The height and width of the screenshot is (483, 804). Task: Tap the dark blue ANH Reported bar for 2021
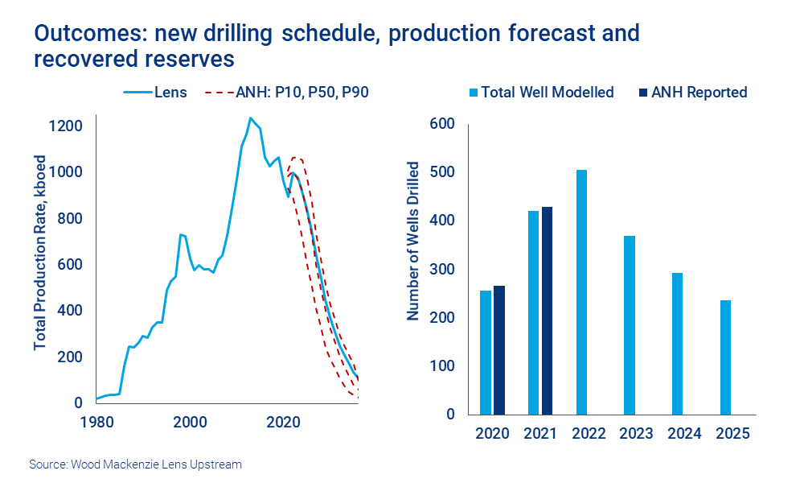pyautogui.click(x=548, y=310)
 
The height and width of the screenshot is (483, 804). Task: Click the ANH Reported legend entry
pyautogui.click(x=691, y=92)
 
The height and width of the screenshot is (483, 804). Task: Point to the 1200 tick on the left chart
pyautogui.click(x=64, y=126)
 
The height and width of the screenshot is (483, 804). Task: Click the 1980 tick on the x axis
pyautogui.click(x=96, y=421)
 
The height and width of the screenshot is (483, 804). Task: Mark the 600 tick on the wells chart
pyautogui.click(x=444, y=124)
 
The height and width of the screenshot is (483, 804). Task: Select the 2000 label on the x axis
pyautogui.click(x=191, y=421)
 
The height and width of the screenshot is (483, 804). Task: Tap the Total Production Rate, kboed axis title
pyautogui.click(x=39, y=252)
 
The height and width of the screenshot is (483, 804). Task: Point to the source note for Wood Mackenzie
pyautogui.click(x=135, y=464)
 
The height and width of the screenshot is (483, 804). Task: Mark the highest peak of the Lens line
pyautogui.click(x=251, y=118)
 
